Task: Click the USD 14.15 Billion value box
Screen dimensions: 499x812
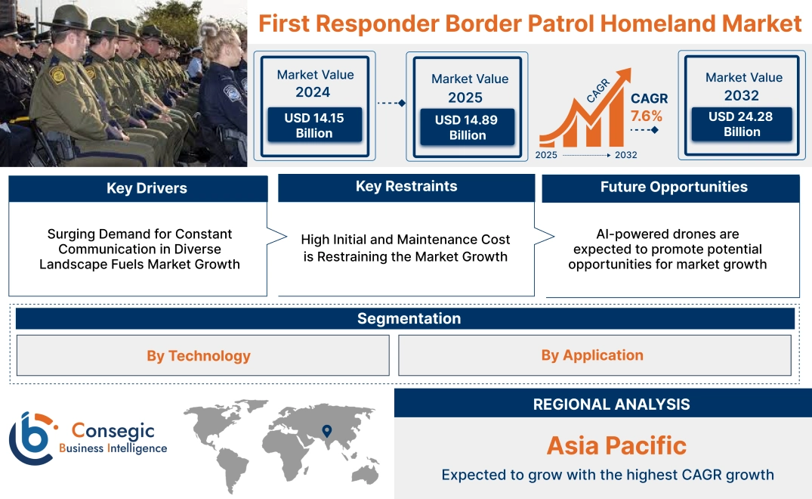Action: click(x=313, y=126)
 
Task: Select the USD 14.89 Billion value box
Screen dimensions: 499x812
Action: click(x=467, y=127)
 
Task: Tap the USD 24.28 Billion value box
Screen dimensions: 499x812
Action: click(x=742, y=124)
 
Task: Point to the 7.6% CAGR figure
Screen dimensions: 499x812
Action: click(x=647, y=116)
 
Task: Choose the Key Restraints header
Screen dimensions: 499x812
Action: click(x=406, y=187)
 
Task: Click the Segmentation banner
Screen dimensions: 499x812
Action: click(x=409, y=318)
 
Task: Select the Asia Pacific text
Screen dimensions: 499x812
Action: click(x=616, y=445)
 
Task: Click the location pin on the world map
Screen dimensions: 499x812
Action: click(x=326, y=431)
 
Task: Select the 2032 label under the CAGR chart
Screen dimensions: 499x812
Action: click(x=625, y=155)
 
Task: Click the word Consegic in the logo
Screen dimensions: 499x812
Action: click(x=113, y=431)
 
